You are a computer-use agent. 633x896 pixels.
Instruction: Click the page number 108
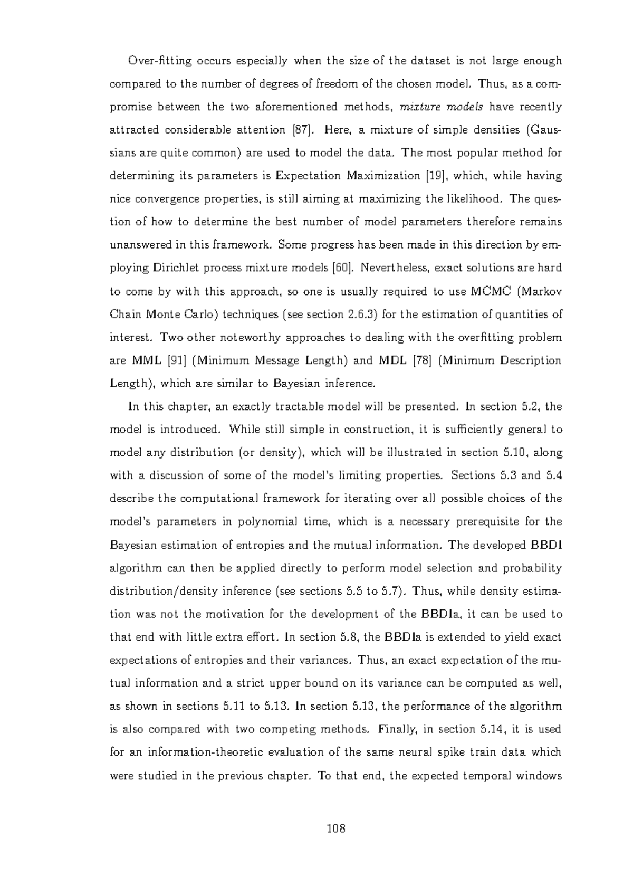(x=335, y=828)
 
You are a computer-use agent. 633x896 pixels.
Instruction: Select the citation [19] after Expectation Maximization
(x=436, y=176)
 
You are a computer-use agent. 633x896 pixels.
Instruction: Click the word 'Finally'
(x=398, y=729)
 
